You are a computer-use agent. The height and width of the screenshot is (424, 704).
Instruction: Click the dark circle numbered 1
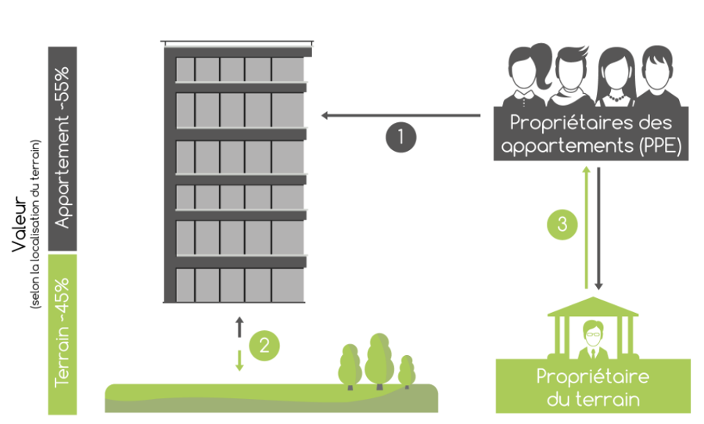pos(401,137)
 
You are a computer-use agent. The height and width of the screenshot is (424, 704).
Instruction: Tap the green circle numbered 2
pos(264,346)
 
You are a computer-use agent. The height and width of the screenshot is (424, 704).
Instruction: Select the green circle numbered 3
pos(562,225)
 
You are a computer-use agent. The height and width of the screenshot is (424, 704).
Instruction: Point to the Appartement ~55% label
pos(63,148)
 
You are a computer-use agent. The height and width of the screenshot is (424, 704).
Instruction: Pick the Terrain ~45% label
pos(63,332)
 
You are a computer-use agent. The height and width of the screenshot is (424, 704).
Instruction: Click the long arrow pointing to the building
pos(401,116)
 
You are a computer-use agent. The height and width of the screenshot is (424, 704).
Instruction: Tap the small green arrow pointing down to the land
pos(240,360)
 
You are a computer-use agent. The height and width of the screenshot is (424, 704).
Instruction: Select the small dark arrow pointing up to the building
pos(240,327)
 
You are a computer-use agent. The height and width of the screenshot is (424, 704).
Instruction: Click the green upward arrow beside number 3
pos(586,228)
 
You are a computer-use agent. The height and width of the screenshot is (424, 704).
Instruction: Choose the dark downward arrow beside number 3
pos(598,228)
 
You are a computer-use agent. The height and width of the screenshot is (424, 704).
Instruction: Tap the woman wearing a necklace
pos(616,77)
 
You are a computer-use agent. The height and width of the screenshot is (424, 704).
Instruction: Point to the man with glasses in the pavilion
pos(594,340)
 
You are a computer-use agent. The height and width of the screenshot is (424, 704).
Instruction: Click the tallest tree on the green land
pos(379,361)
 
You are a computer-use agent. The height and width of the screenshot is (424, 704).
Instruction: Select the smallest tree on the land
pos(407,372)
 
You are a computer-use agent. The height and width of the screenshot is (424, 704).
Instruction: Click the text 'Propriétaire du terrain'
pos(593,387)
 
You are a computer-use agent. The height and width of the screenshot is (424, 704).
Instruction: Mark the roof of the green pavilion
pos(593,307)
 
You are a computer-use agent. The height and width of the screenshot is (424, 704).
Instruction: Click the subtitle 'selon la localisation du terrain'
pos(35,225)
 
